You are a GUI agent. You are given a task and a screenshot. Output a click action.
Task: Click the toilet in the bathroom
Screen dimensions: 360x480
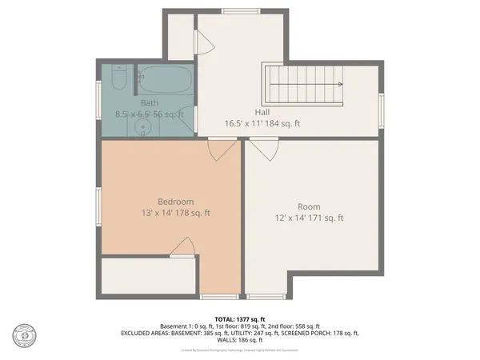[118, 78]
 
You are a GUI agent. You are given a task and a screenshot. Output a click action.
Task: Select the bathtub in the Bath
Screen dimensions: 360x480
[163, 80]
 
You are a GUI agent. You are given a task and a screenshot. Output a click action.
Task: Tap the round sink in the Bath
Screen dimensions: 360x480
[144, 126]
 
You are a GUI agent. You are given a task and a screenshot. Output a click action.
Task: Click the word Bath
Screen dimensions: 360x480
[150, 103]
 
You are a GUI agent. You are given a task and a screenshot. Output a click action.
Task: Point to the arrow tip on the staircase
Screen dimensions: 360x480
[340, 83]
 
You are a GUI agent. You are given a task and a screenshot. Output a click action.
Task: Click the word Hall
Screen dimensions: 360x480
[262, 113]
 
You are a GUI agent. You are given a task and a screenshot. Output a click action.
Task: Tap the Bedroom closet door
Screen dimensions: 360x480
[184, 248]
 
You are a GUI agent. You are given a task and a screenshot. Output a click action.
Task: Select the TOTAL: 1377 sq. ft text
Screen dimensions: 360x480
[239, 318]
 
